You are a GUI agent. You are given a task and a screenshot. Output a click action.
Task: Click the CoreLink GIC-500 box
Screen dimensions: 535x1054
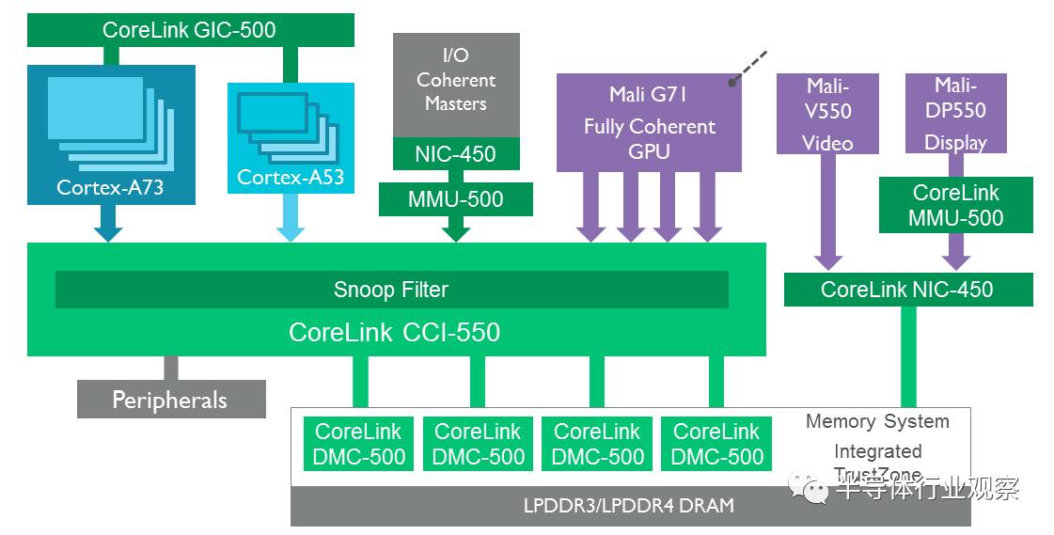[189, 29]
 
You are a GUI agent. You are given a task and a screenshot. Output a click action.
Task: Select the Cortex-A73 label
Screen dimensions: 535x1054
[110, 187]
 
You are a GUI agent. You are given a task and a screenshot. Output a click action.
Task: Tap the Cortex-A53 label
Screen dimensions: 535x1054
[291, 177]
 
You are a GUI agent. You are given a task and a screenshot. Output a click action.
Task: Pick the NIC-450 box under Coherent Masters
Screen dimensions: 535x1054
[455, 153]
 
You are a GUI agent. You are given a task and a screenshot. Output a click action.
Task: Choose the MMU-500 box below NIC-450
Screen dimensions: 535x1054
[455, 199]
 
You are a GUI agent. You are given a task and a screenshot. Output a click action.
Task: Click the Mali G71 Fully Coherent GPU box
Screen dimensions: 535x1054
[649, 123]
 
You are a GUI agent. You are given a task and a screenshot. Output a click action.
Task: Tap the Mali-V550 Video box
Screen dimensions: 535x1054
[828, 114]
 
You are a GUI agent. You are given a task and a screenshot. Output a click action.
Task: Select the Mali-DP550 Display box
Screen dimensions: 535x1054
[955, 114]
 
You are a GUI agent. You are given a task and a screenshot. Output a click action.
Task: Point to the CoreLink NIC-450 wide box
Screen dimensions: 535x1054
[907, 290]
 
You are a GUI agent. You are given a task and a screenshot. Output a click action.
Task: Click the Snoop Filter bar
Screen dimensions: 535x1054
[391, 290]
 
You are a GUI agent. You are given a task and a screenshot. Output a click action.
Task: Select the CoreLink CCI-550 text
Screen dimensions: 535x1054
[394, 332]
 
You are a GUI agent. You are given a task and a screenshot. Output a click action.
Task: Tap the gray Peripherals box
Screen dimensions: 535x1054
[170, 400]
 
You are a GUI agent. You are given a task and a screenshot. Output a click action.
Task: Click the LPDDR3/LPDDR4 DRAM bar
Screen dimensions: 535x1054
[629, 506]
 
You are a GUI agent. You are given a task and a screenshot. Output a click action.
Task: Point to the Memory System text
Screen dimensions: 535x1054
[877, 421]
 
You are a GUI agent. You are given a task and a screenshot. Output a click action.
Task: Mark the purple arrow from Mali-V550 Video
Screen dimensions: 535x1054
[828, 212]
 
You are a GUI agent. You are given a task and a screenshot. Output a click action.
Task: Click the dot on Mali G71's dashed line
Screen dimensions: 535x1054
[732, 82]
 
